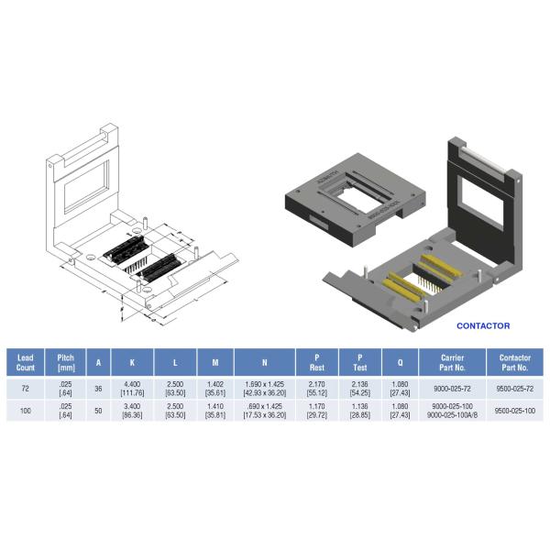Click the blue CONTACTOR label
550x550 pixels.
pyautogui.click(x=483, y=325)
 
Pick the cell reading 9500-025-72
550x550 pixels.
pyautogui.click(x=514, y=389)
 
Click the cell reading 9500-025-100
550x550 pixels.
pyautogui.click(x=514, y=412)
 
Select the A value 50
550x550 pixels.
pyautogui.click(x=98, y=412)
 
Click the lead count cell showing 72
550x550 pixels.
pyautogui.click(x=26, y=389)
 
